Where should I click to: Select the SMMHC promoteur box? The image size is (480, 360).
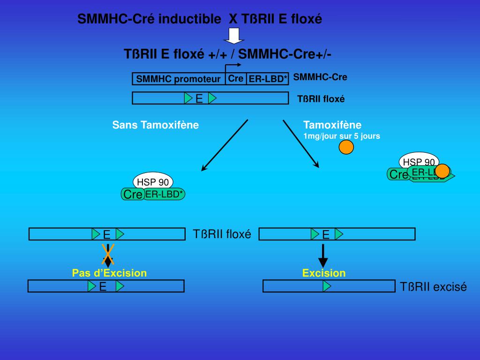coord(179,79)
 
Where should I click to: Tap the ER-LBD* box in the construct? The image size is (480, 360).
coord(267,79)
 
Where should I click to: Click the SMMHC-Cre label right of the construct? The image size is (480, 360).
coord(320,77)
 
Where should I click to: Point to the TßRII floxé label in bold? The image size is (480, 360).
coord(321,99)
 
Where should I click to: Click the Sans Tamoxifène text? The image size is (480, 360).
coord(156,125)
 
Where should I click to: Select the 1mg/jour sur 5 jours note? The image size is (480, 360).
coord(341,136)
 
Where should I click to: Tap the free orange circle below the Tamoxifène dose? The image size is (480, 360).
coord(346,147)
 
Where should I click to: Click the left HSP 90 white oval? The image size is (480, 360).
coord(153,181)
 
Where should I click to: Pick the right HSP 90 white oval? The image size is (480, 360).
coord(419,161)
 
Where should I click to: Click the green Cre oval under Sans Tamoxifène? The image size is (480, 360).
coord(133,194)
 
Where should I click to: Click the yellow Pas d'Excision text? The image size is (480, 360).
coord(109,273)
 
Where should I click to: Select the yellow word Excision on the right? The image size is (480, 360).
coord(324,273)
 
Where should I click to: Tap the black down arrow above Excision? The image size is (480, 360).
coord(323,255)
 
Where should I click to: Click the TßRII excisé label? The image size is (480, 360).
coord(434,287)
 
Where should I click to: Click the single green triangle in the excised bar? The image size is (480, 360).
coord(326,286)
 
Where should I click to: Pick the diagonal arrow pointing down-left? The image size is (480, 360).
coord(224,145)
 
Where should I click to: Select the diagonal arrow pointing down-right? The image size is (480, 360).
coord(301,143)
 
